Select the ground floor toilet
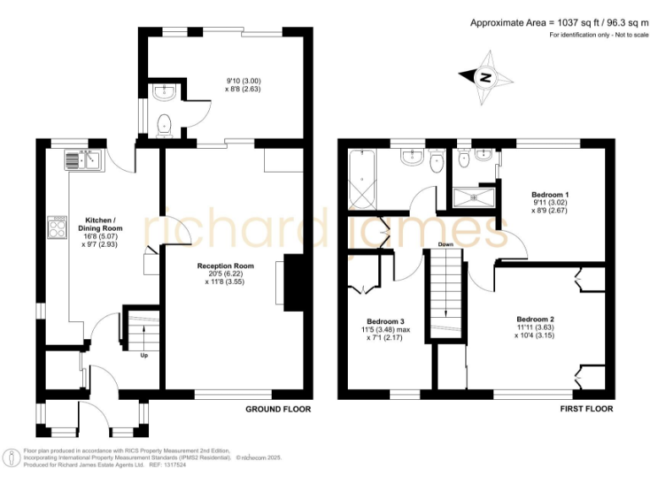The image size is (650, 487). point(165,123)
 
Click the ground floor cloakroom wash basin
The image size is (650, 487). point(164,91)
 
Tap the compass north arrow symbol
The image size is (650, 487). point(486,78)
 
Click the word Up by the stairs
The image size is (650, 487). point(144,355)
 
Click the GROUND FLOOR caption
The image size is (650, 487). point(278,409)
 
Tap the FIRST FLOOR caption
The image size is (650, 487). point(586,409)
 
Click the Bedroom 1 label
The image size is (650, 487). point(550,195)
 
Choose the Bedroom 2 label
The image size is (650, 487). point(535,319)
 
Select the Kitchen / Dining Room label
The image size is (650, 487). point(100,223)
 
